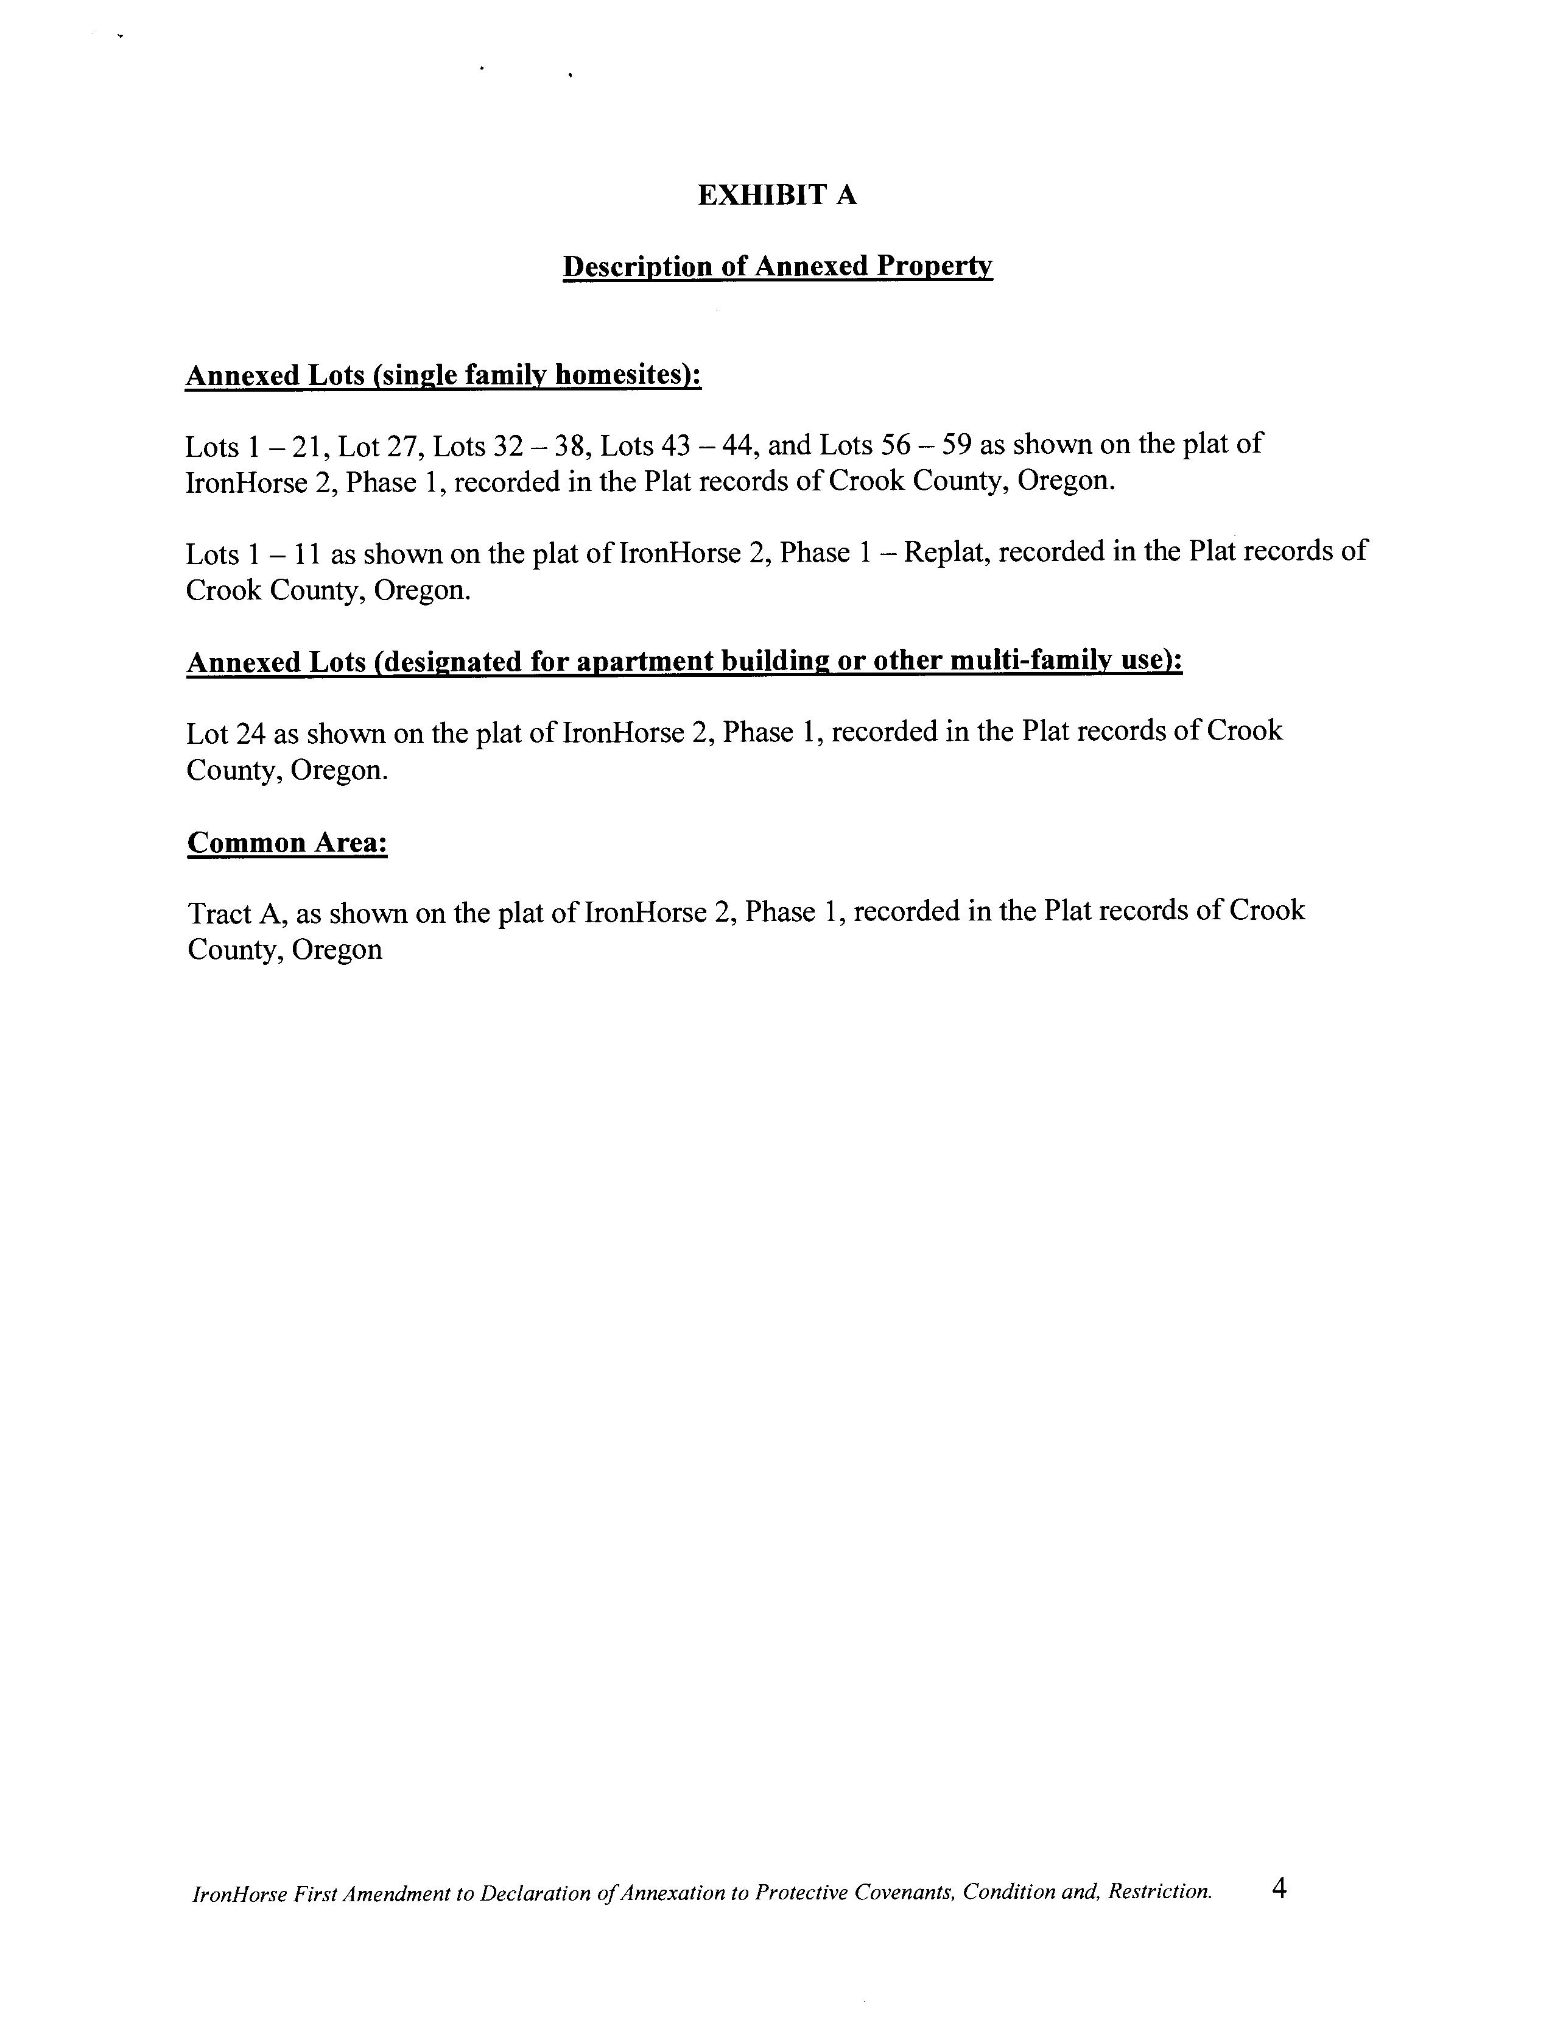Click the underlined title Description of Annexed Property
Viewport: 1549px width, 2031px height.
tap(778, 267)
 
